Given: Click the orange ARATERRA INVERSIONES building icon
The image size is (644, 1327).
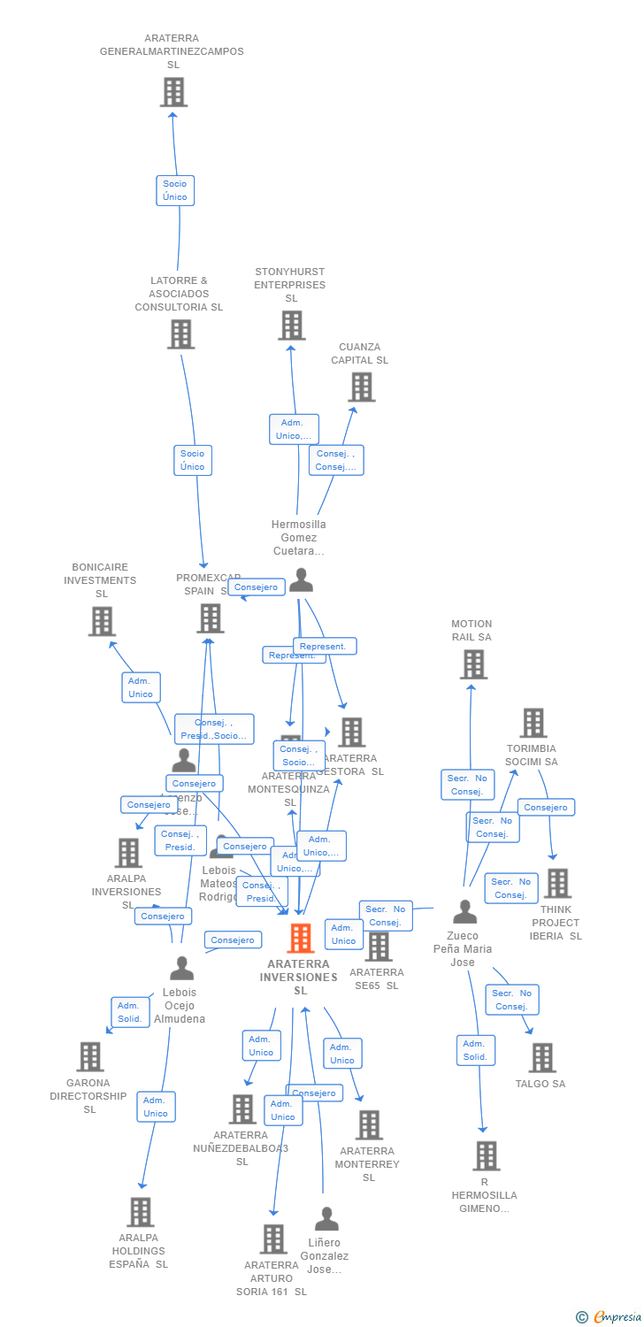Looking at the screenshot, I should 301,939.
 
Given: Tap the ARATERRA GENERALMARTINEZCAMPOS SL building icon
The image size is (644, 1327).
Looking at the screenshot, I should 173,92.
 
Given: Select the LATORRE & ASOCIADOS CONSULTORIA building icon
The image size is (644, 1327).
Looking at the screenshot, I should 180,334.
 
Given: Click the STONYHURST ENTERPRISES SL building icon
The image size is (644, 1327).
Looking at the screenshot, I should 291,326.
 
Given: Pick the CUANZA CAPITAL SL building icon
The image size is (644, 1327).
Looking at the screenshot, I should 361,387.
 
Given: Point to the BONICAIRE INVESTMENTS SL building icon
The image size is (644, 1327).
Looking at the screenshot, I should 102,621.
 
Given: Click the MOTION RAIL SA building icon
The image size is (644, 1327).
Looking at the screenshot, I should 473,664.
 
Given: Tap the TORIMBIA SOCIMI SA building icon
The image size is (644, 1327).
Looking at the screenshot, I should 533,723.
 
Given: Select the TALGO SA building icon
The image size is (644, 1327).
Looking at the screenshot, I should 541,1057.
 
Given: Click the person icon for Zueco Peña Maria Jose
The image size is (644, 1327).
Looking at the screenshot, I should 464,912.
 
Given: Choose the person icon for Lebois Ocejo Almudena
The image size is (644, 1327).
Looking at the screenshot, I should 181,969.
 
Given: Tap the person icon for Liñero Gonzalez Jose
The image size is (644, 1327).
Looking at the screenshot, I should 326,1219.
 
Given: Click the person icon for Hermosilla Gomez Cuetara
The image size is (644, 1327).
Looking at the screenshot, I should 301,580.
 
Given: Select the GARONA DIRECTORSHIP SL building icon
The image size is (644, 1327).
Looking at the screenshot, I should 89,1056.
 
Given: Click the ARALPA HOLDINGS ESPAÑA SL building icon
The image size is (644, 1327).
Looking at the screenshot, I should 140,1212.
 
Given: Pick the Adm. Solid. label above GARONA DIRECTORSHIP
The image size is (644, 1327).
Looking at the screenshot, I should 130,1012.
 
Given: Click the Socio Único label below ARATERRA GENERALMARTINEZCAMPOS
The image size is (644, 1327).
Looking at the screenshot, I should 175,190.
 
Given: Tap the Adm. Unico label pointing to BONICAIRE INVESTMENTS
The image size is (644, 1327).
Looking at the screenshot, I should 141,687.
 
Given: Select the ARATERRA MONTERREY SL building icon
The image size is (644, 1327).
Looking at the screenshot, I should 368,1125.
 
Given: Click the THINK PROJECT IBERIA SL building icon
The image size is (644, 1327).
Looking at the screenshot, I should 557,883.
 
